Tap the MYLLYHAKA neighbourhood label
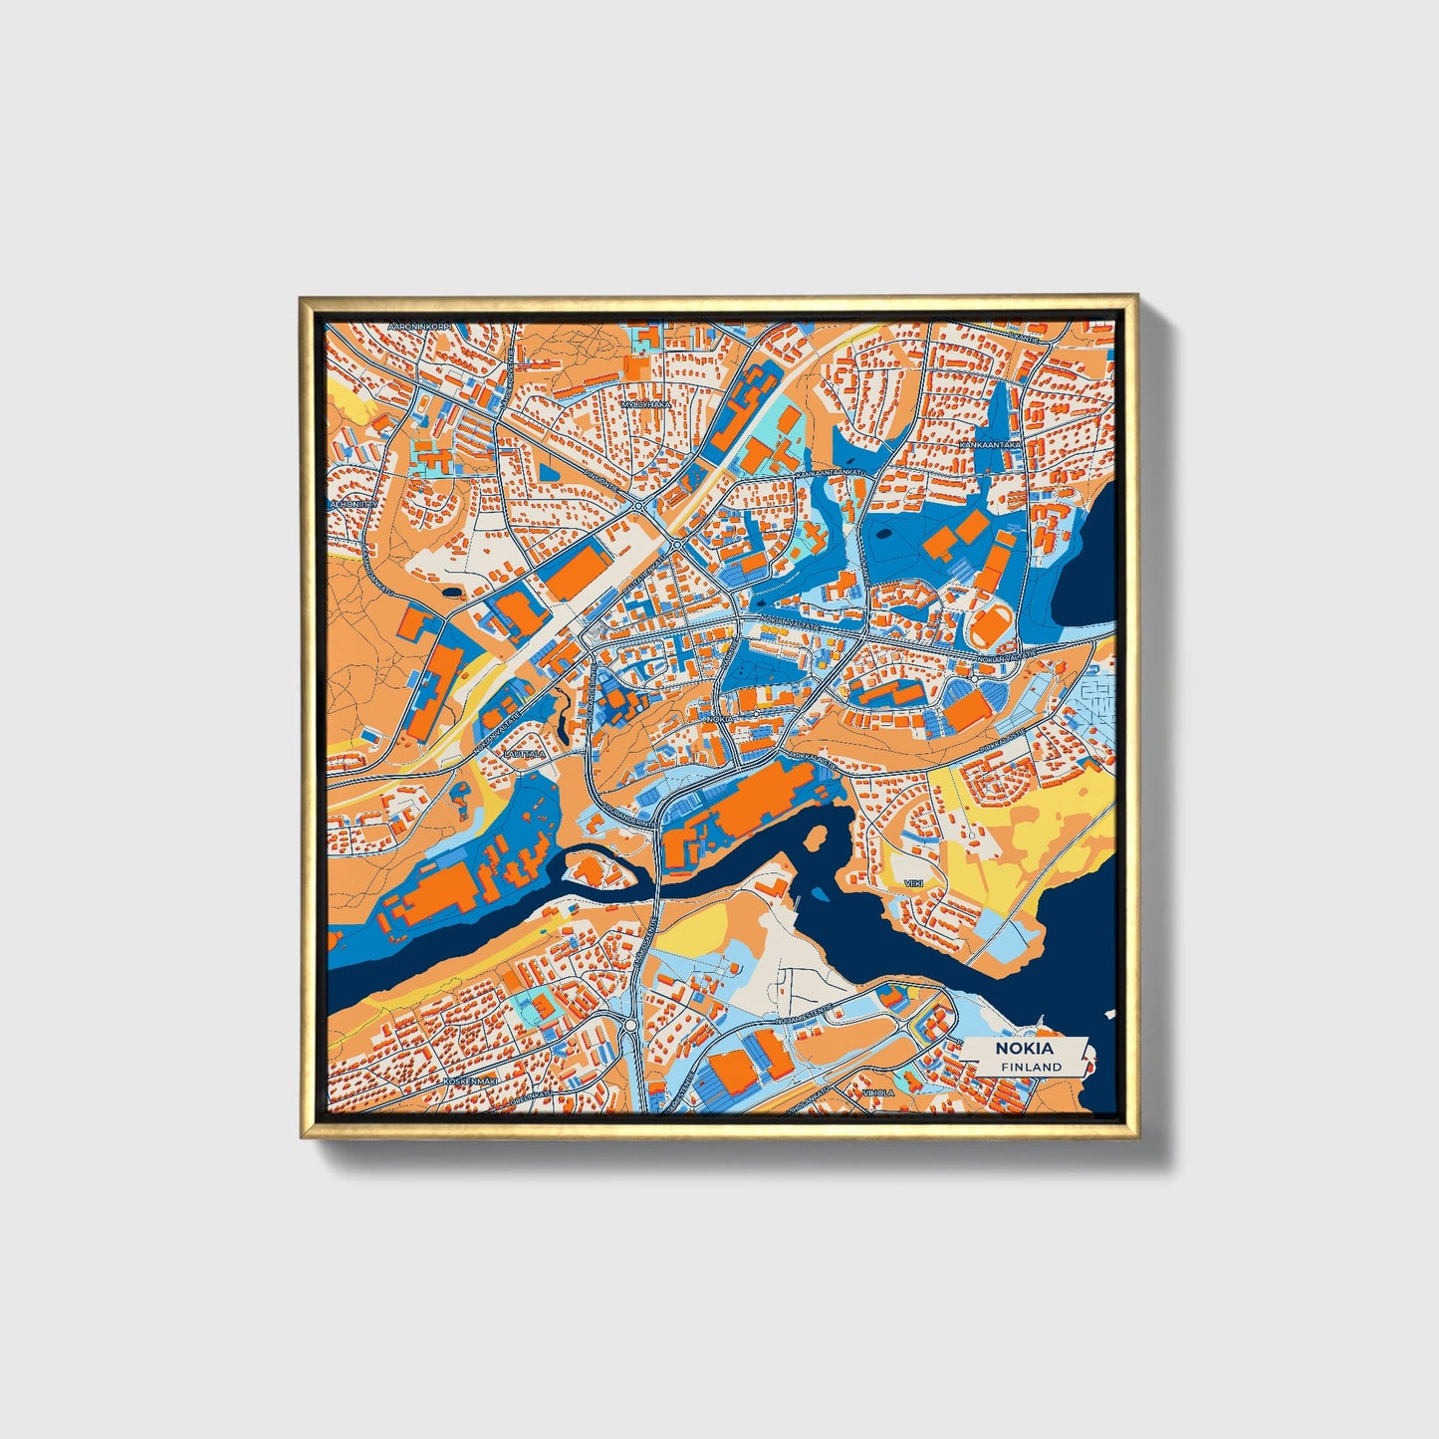point(644,405)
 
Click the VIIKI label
point(913,883)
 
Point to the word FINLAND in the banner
point(1031,1067)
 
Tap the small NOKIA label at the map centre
point(719,718)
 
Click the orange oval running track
point(989,627)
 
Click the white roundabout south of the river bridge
point(630,1025)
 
